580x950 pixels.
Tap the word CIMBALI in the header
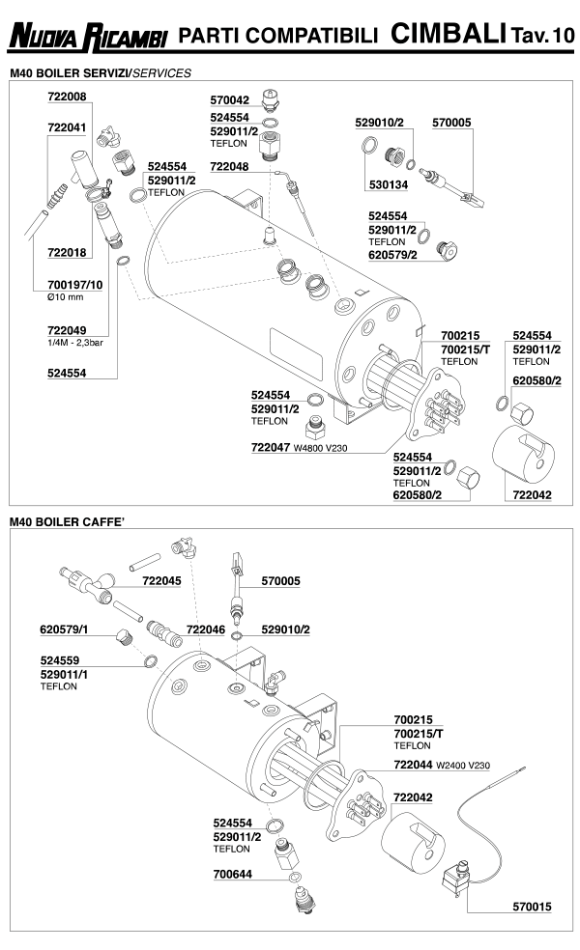449,35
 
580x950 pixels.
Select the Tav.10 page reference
543,37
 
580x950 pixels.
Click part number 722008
67,98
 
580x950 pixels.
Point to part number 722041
67,126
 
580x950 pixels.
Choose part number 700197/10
74,287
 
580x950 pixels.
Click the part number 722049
67,327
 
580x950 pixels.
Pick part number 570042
229,100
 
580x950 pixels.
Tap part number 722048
229,166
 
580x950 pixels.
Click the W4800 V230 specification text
323,447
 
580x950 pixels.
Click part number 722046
206,629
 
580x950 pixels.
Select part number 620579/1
65,629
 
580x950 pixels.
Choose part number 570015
532,908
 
